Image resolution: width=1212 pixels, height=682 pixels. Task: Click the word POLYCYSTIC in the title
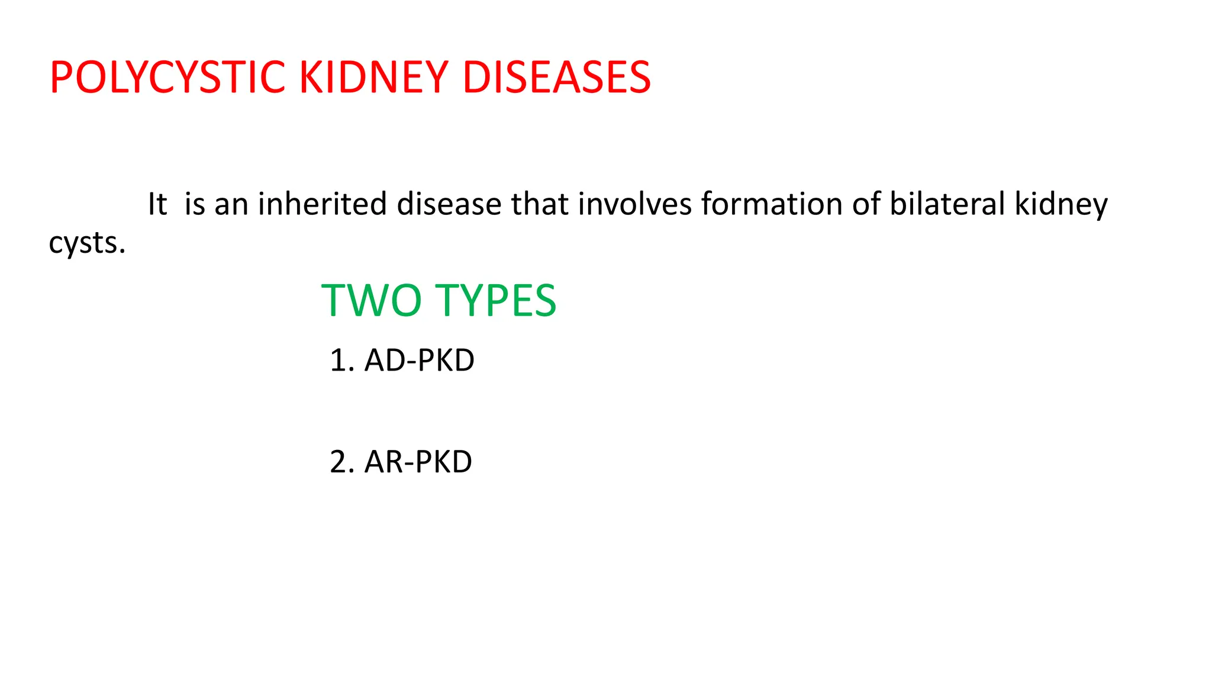pyautogui.click(x=168, y=78)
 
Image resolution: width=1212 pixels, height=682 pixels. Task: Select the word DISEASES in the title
pyautogui.click(x=556, y=78)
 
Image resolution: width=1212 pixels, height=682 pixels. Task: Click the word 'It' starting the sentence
pyautogui.click(x=157, y=204)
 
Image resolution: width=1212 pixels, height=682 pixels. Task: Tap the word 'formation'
pyautogui.click(x=772, y=204)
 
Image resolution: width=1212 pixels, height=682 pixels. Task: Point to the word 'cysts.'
pyautogui.click(x=87, y=243)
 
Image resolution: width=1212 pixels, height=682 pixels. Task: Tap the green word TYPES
pyautogui.click(x=496, y=301)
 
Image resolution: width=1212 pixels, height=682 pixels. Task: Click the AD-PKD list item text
pyautogui.click(x=419, y=361)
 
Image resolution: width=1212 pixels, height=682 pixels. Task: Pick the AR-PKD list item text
pyautogui.click(x=418, y=462)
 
